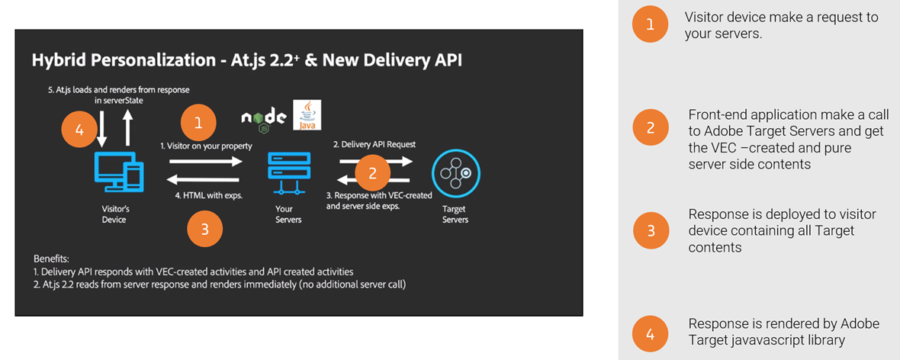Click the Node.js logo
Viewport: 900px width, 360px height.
pos(264,117)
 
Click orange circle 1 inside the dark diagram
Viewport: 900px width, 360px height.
pos(198,122)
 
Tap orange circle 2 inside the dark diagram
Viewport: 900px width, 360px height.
pos(372,173)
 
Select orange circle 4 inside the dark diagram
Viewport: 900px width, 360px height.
pos(80,130)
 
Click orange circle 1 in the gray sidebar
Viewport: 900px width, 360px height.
pos(650,25)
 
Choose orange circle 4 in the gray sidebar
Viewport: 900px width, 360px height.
pos(650,333)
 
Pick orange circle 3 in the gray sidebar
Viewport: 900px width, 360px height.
pos(650,230)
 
